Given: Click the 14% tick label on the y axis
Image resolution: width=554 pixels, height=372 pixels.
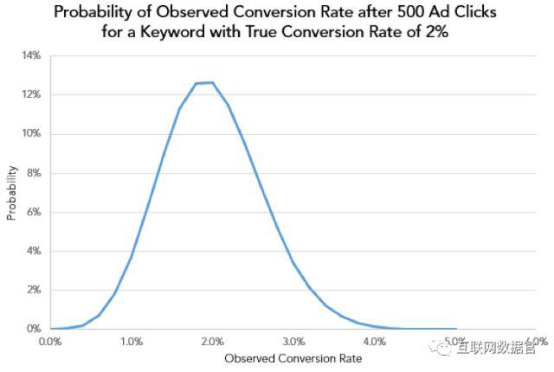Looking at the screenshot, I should click(31, 55).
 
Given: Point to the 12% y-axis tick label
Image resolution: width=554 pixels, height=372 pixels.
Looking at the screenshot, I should click(31, 94).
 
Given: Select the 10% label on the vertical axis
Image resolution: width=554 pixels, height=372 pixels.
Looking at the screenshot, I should click(31, 133).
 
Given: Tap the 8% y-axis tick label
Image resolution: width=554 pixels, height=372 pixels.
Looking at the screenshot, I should click(34, 173).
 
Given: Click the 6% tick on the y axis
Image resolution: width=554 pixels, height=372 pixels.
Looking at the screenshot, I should click(34, 212).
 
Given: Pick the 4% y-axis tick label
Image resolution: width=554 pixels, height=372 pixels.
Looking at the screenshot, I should click(34, 251).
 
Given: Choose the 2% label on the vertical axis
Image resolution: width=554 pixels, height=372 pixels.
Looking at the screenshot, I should click(34, 290).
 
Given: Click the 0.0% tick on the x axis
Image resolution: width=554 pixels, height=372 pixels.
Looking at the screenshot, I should click(50, 342).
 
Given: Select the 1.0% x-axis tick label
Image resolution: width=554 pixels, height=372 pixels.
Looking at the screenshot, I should click(132, 342).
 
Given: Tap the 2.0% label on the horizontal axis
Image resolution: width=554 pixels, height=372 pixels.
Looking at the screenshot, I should click(212, 342).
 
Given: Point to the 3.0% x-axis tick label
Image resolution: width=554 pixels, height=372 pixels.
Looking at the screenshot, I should click(293, 342).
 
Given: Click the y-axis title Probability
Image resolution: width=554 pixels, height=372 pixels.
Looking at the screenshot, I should click(12, 192).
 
